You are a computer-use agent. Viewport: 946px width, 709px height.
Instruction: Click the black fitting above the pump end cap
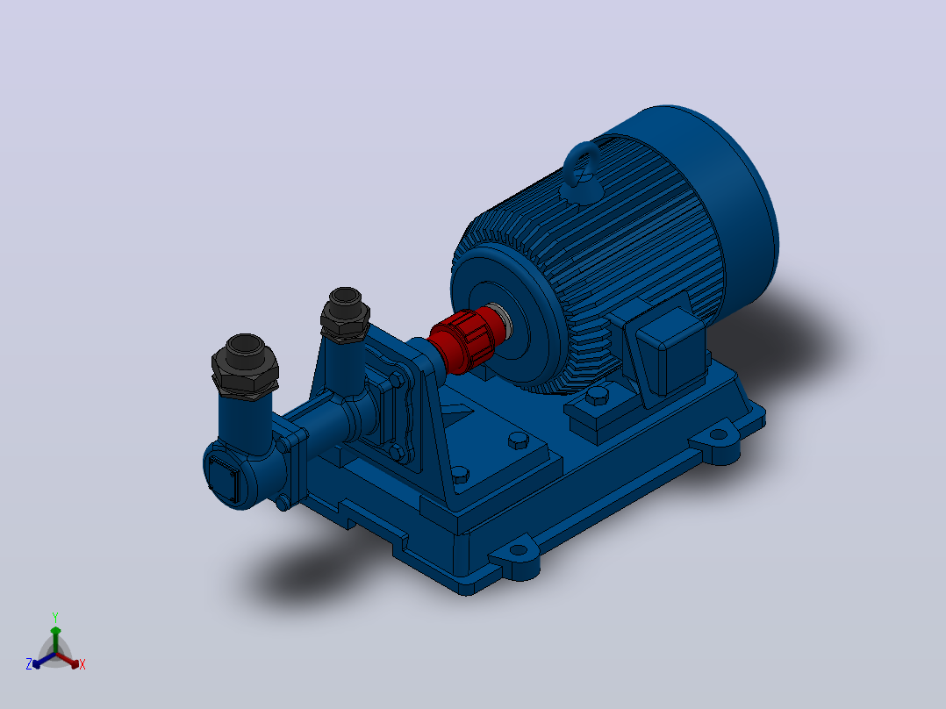pyautogui.click(x=245, y=366)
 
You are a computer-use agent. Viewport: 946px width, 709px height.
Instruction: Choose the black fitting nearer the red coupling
pyautogui.click(x=345, y=314)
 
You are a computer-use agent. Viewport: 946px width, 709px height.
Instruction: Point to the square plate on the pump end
pyautogui.click(x=223, y=478)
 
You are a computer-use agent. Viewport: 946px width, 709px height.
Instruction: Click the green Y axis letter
pyautogui.click(x=55, y=617)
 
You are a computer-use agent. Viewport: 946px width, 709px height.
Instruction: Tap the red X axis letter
pyautogui.click(x=82, y=664)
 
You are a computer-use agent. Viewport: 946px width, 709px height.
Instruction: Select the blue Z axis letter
pyautogui.click(x=28, y=664)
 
